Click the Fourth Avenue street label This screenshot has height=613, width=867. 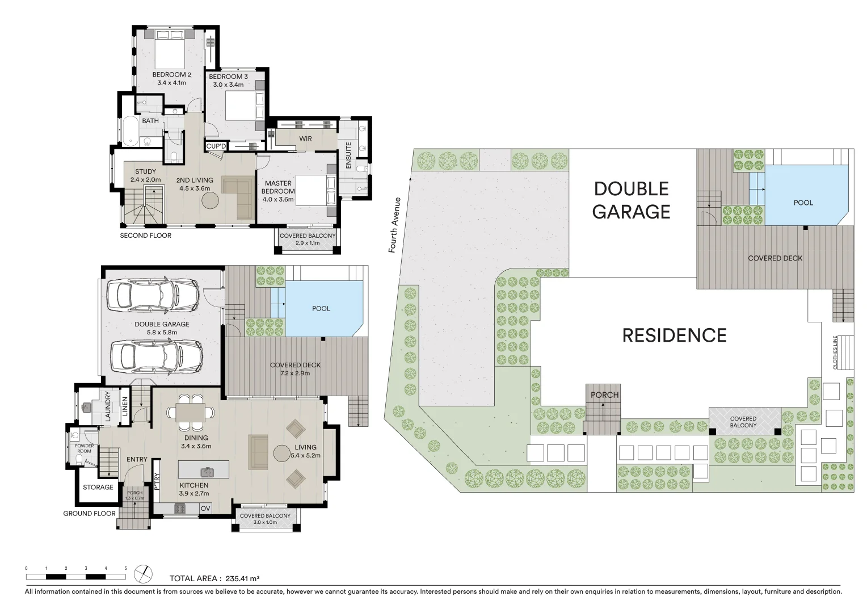pyautogui.click(x=395, y=225)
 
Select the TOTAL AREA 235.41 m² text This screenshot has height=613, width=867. pyautogui.click(x=214, y=578)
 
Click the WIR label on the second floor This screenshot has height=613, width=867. pyautogui.click(x=305, y=138)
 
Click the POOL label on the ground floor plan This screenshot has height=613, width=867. pyautogui.click(x=321, y=309)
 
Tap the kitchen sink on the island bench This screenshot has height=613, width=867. pyautogui.click(x=205, y=471)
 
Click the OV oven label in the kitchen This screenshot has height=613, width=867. pyautogui.click(x=205, y=509)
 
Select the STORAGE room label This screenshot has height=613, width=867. pyautogui.click(x=98, y=487)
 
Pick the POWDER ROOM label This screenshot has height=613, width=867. pyautogui.click(x=84, y=448)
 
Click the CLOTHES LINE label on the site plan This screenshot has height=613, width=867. pyautogui.click(x=835, y=352)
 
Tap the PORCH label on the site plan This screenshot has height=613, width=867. pyautogui.click(x=604, y=395)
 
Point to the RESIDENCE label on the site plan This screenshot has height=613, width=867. pyautogui.click(x=674, y=335)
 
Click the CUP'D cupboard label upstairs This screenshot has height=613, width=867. pyautogui.click(x=216, y=146)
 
